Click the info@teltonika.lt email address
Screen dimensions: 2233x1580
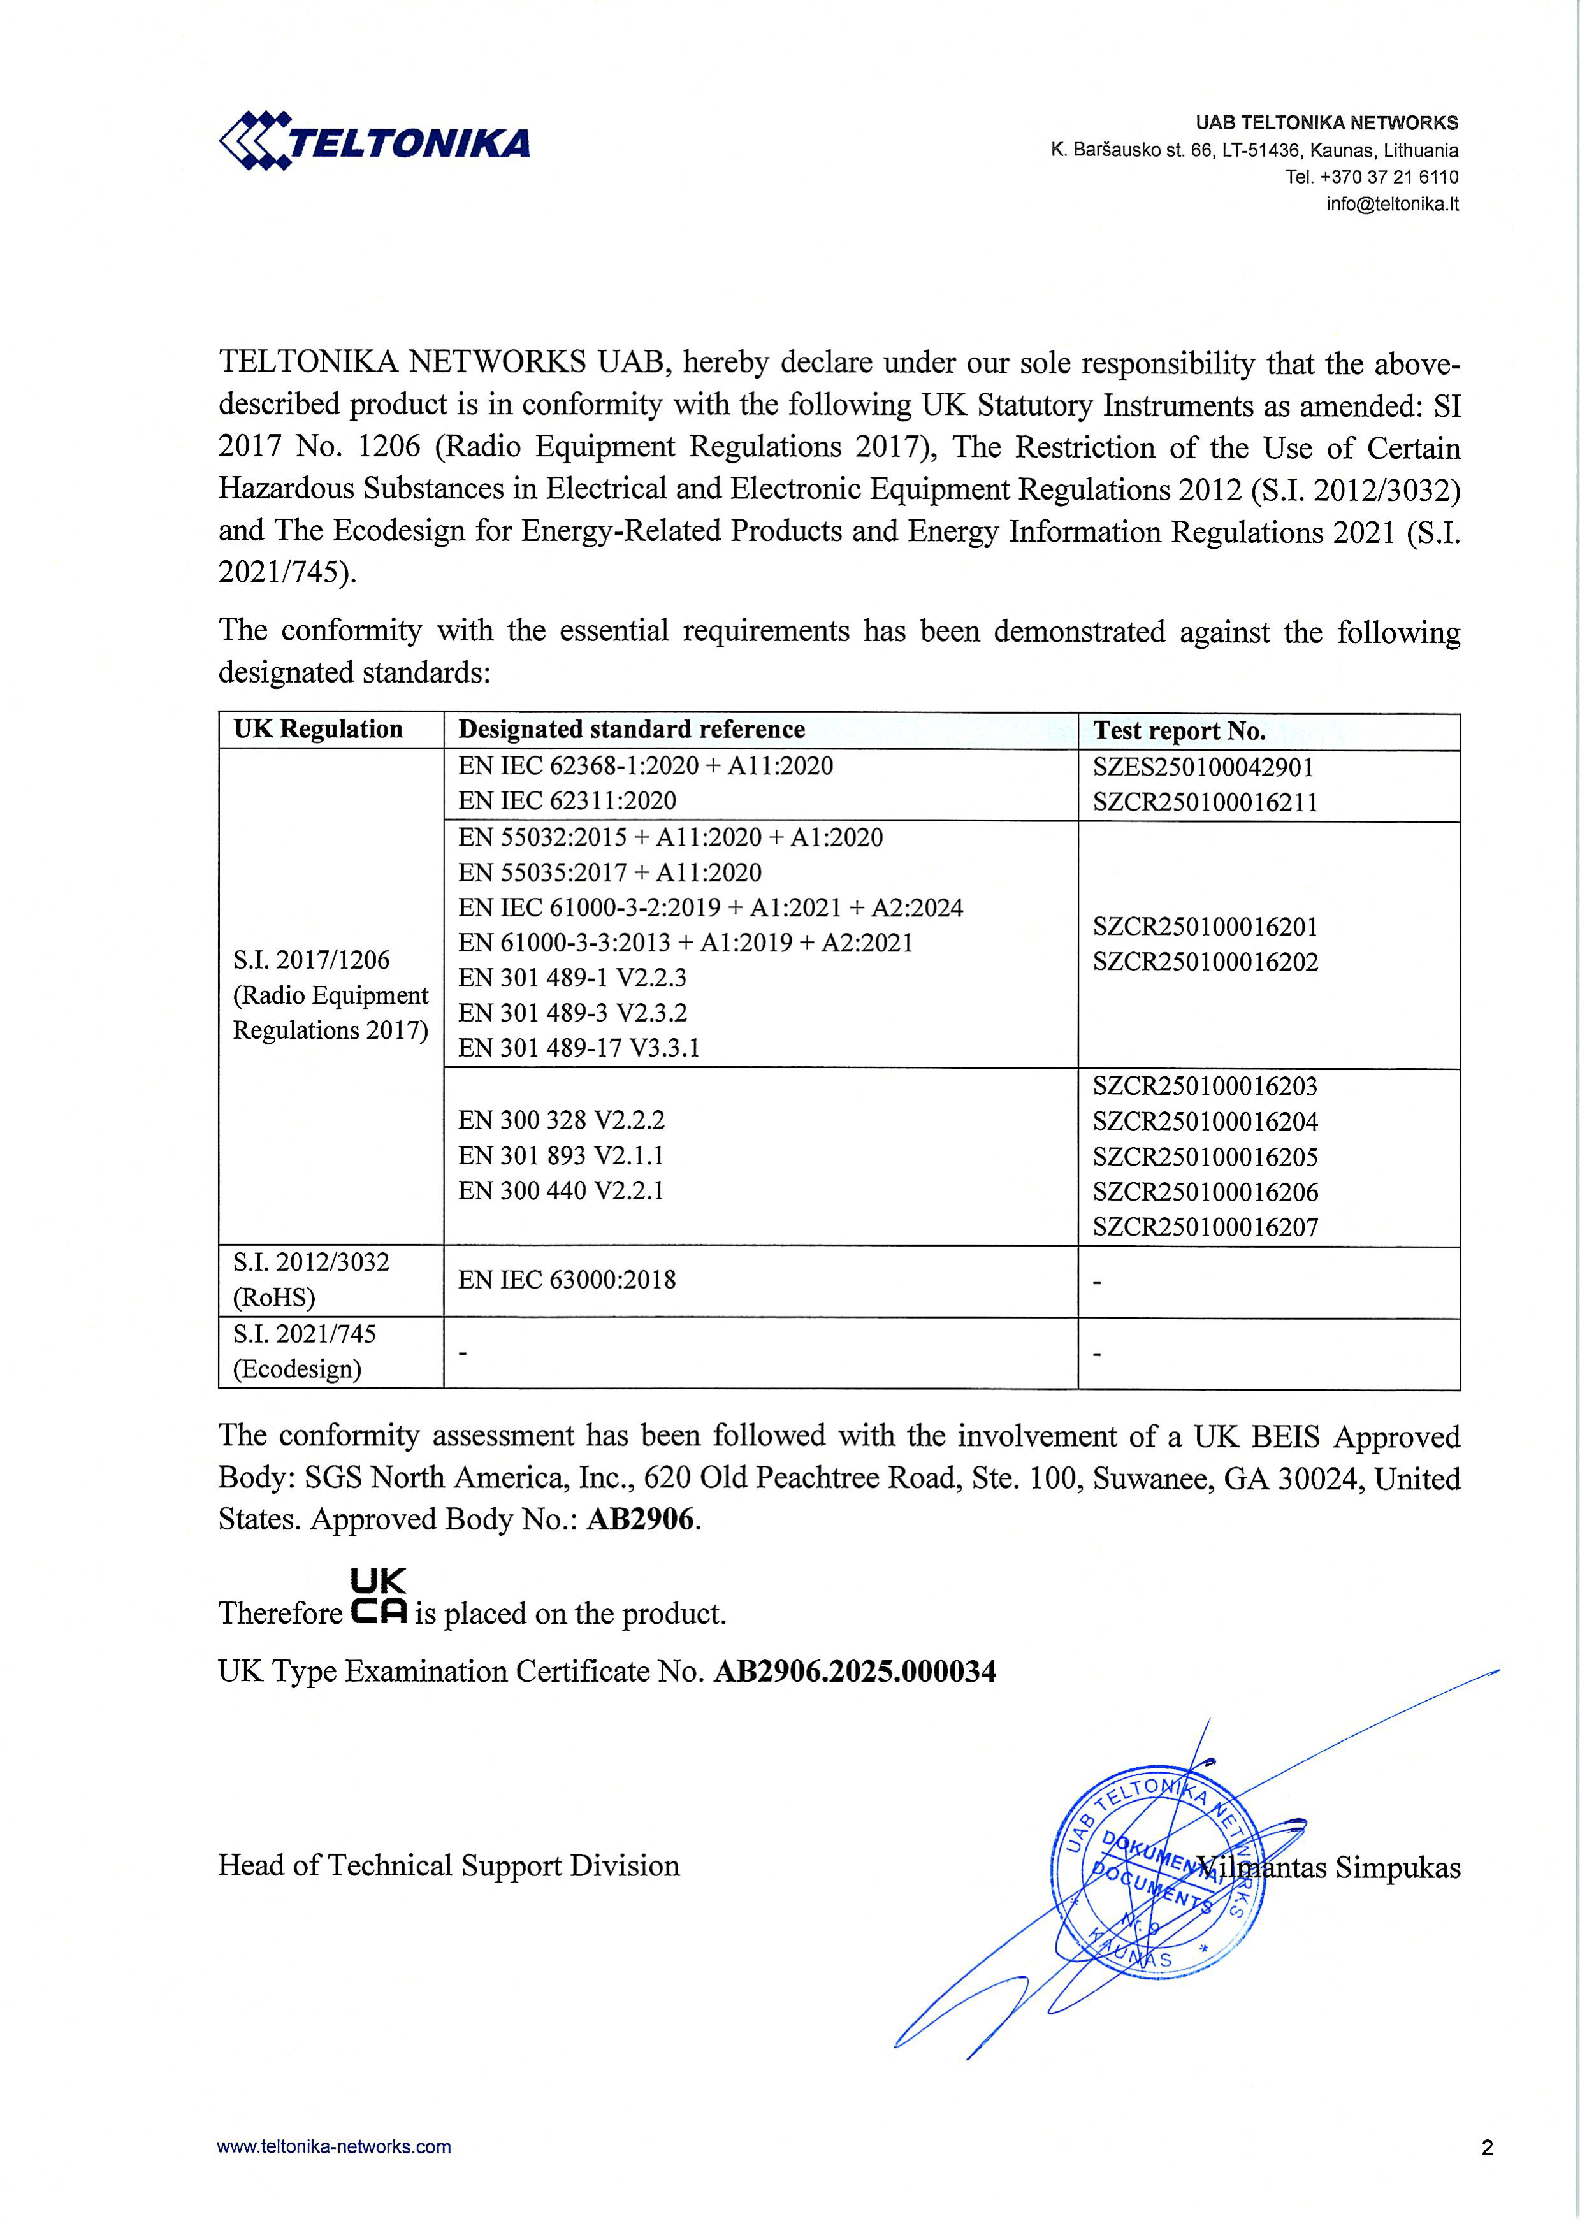pyautogui.click(x=1391, y=204)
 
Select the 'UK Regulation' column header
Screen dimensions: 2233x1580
pyautogui.click(x=318, y=730)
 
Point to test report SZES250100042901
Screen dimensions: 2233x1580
pyautogui.click(x=1203, y=767)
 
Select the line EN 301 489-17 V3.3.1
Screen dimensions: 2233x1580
pyautogui.click(x=579, y=1048)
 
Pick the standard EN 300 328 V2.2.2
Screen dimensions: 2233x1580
pyautogui.click(x=562, y=1120)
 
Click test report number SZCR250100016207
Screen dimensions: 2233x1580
pyautogui.click(x=1205, y=1227)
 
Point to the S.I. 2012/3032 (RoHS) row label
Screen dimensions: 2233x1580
pyautogui.click(x=310, y=1279)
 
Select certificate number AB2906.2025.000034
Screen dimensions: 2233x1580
pyautogui.click(x=854, y=1672)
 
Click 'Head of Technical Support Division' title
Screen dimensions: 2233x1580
pyautogui.click(x=449, y=1865)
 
